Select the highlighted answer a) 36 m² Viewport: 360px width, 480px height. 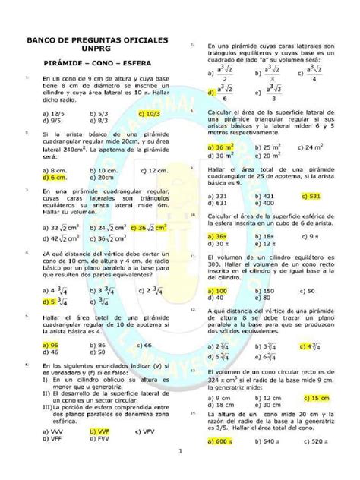click(221, 145)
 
